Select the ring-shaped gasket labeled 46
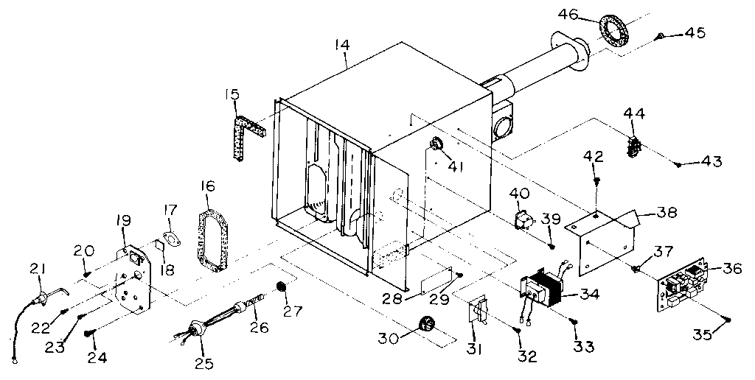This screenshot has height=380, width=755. click(610, 33)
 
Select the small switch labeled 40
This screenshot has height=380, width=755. click(523, 218)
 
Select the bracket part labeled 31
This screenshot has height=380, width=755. click(479, 312)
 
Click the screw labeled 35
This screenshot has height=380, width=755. click(727, 320)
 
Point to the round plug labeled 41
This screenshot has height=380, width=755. click(436, 143)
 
